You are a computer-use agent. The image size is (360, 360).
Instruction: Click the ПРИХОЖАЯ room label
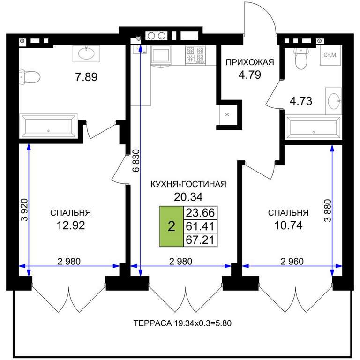[250, 62]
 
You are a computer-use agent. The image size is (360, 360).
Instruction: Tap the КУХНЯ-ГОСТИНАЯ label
[188, 184]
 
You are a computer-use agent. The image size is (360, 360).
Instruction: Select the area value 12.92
[71, 225]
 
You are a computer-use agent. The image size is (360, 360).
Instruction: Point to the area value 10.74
[288, 225]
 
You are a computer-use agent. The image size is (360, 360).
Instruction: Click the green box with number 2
[172, 226]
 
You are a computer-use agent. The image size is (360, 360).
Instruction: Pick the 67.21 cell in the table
[200, 240]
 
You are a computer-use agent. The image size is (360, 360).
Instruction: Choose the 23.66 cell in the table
[200, 213]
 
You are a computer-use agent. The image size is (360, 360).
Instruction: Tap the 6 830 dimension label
[136, 161]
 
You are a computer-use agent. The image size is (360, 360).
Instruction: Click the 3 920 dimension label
[24, 210]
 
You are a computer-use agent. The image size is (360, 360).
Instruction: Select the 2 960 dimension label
[292, 261]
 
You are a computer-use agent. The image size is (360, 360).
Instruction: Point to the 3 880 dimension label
[328, 210]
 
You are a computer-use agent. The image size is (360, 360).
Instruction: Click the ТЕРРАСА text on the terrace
[152, 323]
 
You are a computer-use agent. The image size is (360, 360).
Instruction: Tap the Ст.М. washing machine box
[330, 55]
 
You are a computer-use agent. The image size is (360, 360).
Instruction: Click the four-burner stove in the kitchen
[195, 55]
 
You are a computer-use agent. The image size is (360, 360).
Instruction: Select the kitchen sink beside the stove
[161, 55]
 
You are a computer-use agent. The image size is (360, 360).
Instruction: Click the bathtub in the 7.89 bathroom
[48, 126]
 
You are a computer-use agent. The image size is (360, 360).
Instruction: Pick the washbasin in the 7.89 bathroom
[86, 54]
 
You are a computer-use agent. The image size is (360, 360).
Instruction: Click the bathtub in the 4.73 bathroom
[314, 127]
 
